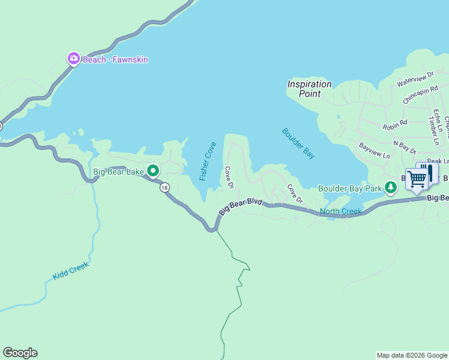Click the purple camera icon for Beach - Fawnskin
click(73, 59)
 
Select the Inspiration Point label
click(309, 89)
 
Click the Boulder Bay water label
click(298, 143)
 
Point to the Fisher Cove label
click(208, 161)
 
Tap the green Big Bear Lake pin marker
click(153, 172)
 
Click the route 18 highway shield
click(164, 188)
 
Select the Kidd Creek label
click(70, 271)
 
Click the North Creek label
click(340, 211)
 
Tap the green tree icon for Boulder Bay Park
click(391, 188)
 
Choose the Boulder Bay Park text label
click(350, 188)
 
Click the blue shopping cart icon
click(417, 179)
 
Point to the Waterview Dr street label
click(415, 79)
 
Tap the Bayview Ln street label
click(374, 150)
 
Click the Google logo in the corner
click(20, 353)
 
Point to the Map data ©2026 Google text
click(412, 355)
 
